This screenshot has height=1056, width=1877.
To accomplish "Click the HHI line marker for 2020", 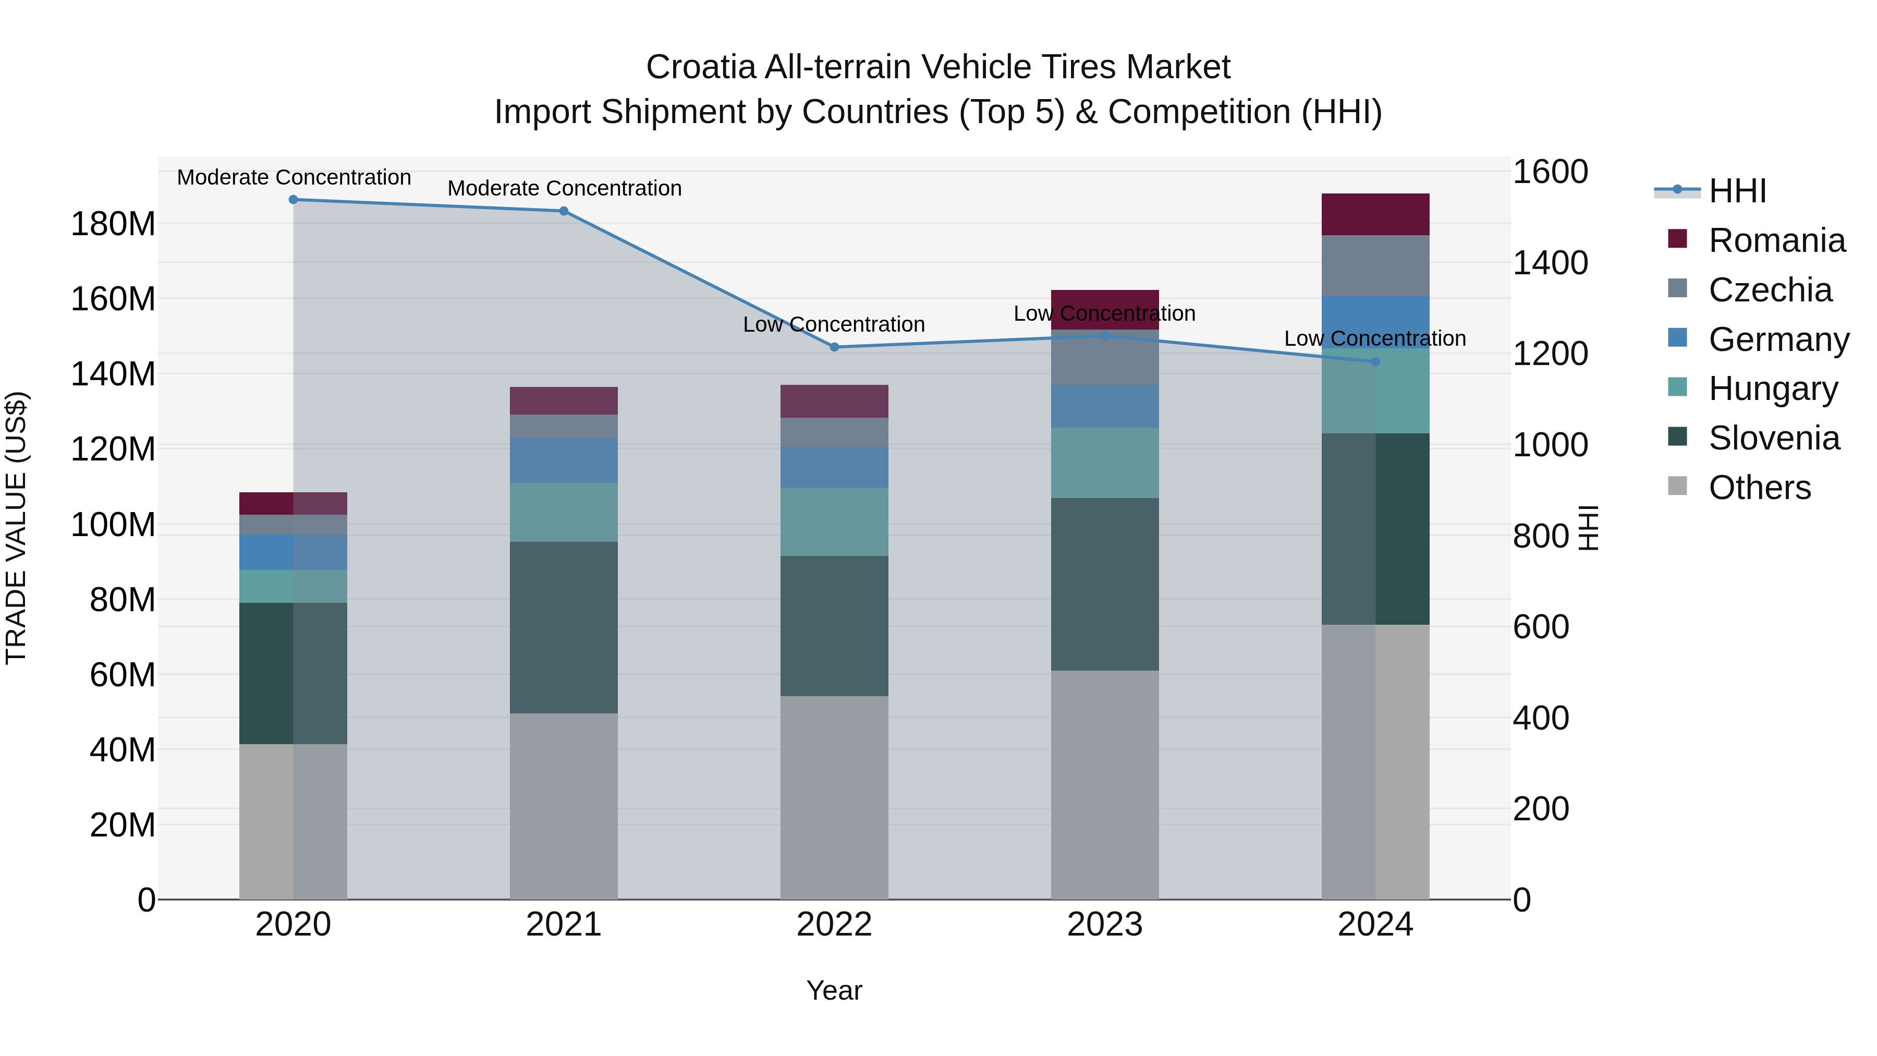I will pos(293,200).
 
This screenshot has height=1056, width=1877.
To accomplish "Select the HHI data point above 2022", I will pos(834,347).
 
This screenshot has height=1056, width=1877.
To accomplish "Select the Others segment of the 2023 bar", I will pos(1105,784).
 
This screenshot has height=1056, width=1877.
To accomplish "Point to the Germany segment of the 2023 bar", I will pos(1105,406).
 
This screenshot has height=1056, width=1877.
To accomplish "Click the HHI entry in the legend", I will pos(1737,191).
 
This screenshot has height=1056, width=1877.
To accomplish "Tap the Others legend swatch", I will pos(1677,486).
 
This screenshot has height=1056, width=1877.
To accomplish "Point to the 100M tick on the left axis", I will pos(113,525).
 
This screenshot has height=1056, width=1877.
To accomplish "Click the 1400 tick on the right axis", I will pos(1550,263).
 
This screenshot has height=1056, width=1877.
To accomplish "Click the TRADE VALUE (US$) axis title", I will pos(16,528).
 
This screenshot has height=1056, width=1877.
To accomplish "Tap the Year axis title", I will pos(834,990).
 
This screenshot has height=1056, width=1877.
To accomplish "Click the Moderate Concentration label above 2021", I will pos(564,188).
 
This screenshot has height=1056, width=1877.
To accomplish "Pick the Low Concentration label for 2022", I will pos(834,324).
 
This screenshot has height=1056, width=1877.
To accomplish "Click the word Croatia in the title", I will pos(701,67).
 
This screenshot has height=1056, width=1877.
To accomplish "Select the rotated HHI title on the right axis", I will pos(1588,528).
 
